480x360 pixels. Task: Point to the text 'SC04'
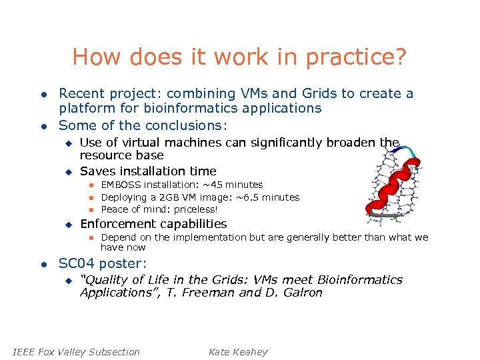(x=75, y=263)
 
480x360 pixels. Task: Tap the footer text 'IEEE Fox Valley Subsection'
(x=77, y=352)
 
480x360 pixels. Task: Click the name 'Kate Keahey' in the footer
(x=237, y=352)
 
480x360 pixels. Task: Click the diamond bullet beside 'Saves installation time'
(x=67, y=172)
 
